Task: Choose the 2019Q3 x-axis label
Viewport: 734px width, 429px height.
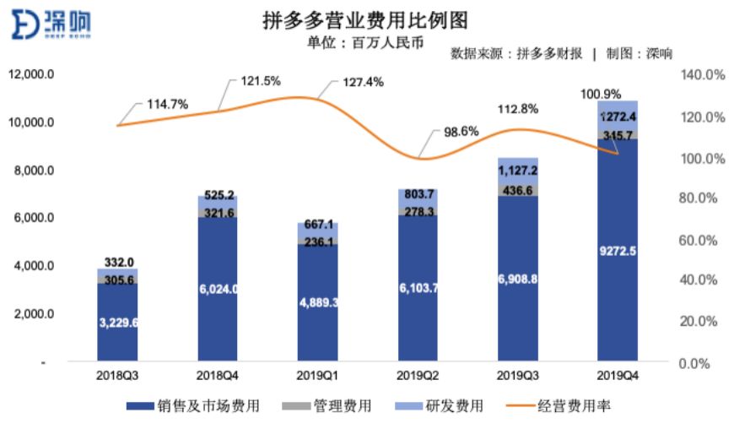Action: click(x=517, y=372)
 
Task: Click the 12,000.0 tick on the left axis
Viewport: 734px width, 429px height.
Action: click(x=32, y=74)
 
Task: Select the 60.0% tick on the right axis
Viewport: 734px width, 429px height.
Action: click(x=699, y=240)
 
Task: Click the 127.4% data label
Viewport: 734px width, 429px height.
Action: click(x=364, y=82)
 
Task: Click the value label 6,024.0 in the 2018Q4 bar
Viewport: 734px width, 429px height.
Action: click(x=217, y=288)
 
